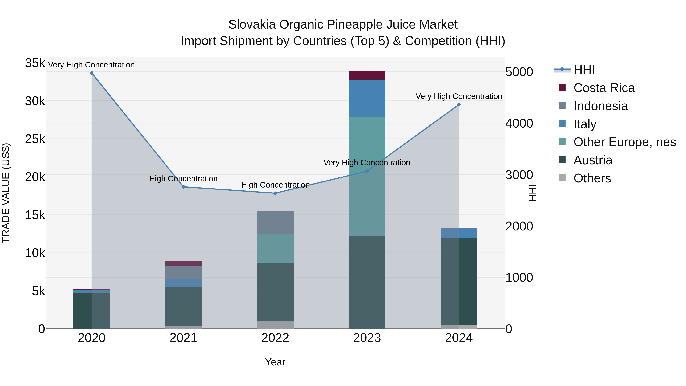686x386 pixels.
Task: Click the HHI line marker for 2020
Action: click(92, 73)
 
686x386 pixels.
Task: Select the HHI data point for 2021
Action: click(184, 187)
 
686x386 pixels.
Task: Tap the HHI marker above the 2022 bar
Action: click(275, 193)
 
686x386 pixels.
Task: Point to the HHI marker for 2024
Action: click(459, 105)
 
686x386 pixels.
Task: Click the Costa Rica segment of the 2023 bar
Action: click(367, 75)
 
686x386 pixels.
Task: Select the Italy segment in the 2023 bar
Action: click(367, 98)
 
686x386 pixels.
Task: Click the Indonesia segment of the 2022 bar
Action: click(275, 222)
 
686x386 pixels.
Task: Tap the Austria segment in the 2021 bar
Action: click(184, 306)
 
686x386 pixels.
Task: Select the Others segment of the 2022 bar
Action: click(275, 325)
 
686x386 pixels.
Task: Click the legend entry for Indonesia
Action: click(600, 106)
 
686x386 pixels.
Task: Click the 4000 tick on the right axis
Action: click(519, 124)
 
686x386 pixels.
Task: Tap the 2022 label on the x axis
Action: click(275, 338)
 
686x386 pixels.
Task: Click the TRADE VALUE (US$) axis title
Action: click(6, 193)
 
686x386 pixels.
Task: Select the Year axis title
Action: click(275, 362)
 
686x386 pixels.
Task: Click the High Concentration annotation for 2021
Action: click(184, 178)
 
